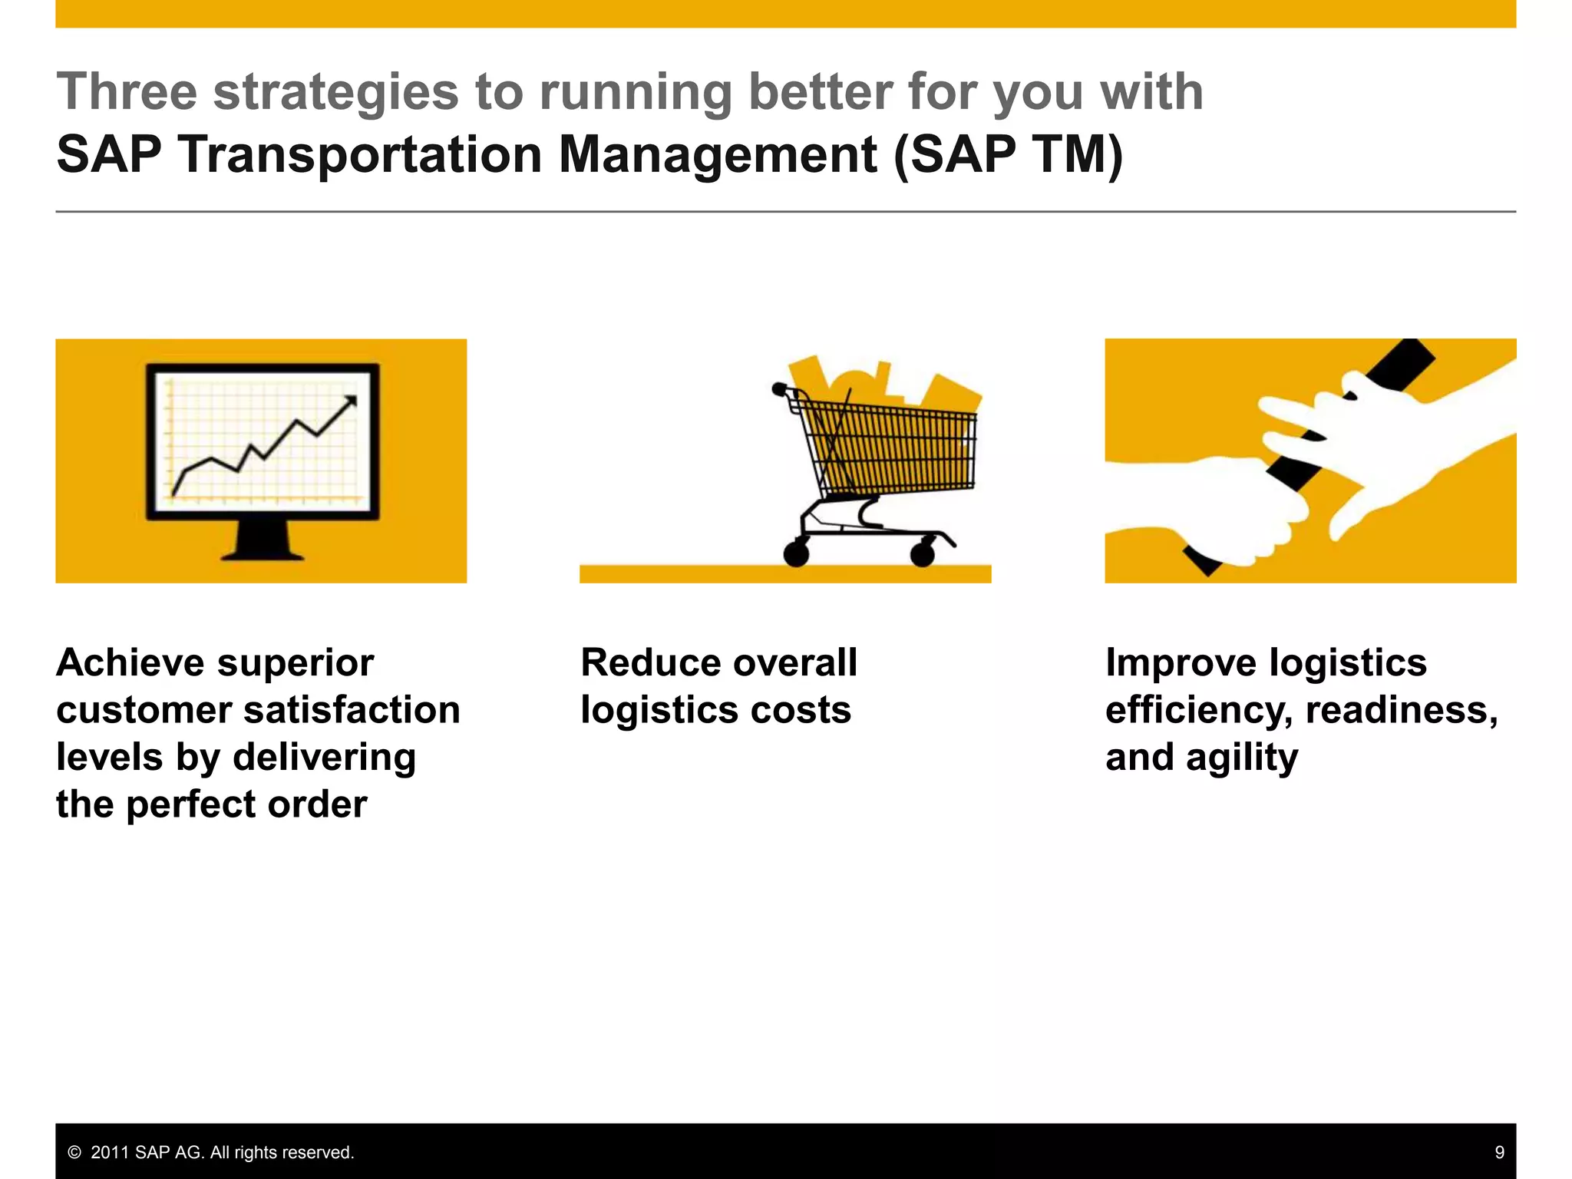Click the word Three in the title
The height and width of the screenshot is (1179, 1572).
(127, 92)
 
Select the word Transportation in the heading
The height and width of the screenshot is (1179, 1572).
(361, 155)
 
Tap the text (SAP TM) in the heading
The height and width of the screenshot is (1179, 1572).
(1008, 155)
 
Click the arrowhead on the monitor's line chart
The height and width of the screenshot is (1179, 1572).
(351, 401)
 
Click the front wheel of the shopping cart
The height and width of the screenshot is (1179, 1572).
(923, 553)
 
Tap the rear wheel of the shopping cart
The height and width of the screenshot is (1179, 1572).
(796, 553)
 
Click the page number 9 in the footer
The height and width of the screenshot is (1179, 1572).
(1499, 1152)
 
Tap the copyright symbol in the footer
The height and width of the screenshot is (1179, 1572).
(74, 1152)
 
